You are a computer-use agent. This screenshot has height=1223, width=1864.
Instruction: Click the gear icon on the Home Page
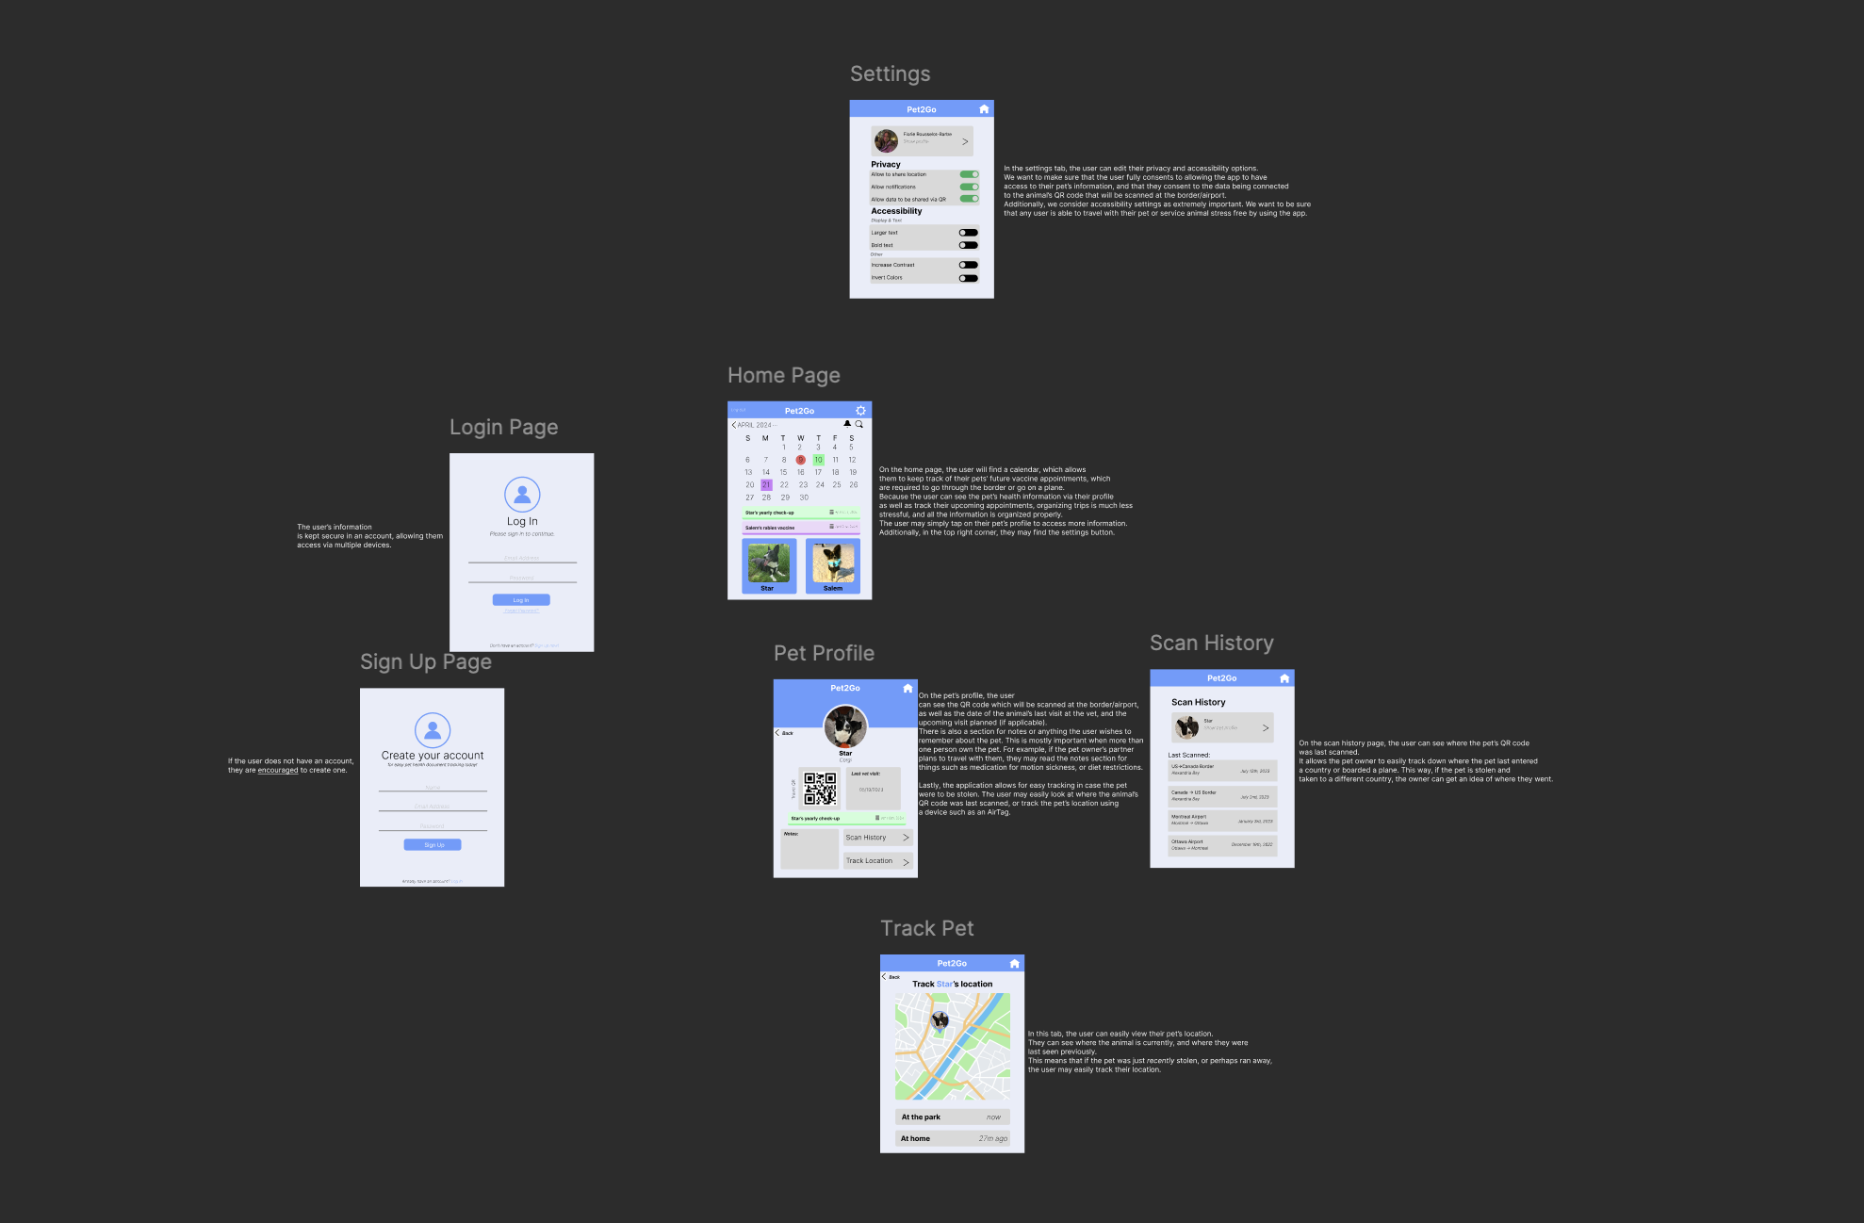(x=860, y=411)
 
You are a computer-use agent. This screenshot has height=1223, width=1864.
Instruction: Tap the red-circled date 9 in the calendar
(x=800, y=460)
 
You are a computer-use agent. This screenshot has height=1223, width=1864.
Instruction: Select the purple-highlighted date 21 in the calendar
(x=766, y=485)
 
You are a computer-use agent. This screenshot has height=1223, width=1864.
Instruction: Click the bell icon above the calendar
(x=846, y=424)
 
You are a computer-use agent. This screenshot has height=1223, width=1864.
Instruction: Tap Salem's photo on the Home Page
(x=833, y=563)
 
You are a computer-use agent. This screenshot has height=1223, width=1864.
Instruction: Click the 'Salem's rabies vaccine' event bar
(x=800, y=528)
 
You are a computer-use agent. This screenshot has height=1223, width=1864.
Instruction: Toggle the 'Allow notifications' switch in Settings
(x=969, y=187)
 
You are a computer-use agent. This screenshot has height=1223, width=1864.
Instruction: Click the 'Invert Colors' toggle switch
(x=968, y=278)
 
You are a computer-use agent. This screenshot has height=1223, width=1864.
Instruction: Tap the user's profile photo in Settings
(x=886, y=141)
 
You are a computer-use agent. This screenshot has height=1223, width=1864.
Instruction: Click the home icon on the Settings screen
(x=984, y=109)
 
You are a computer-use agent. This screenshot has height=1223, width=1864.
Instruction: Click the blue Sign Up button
(x=433, y=845)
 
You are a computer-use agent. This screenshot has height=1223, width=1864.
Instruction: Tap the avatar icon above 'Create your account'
(x=433, y=730)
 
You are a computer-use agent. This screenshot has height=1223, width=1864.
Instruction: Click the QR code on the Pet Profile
(x=820, y=789)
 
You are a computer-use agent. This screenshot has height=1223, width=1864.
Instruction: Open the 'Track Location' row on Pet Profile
(x=877, y=861)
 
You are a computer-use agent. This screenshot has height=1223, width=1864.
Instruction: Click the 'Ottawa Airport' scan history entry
(x=1222, y=845)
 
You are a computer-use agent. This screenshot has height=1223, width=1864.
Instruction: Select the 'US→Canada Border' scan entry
(x=1222, y=770)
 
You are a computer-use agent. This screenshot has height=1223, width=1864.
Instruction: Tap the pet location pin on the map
(x=940, y=1020)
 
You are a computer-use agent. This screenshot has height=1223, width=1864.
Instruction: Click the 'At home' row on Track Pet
(x=952, y=1138)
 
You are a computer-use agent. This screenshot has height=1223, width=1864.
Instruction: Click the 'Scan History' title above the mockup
(x=1211, y=644)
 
